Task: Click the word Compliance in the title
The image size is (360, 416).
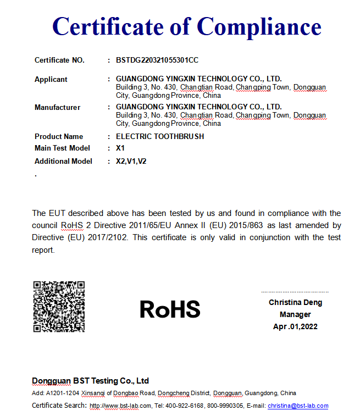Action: tap(259, 26)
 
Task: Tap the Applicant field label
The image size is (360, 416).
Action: tap(51, 79)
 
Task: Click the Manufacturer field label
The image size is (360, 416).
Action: tap(57, 107)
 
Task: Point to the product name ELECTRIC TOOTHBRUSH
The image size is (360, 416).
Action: tap(160, 136)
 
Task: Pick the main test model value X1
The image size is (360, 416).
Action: tap(120, 148)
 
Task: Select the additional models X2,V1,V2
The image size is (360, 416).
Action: tap(131, 161)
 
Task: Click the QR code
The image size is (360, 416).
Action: tap(59, 307)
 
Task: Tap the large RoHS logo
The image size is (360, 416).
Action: tap(170, 309)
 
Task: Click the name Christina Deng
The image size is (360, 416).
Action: tap(295, 302)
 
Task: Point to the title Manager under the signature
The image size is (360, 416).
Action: tap(295, 314)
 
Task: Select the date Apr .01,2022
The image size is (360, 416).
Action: tap(295, 326)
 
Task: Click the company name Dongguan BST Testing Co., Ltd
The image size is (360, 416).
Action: tap(90, 381)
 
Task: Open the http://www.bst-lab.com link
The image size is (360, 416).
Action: tap(120, 406)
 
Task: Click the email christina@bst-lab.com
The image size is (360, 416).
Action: tap(298, 406)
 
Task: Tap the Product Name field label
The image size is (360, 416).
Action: tap(59, 136)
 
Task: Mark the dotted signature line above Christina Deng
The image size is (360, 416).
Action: tap(295, 292)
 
